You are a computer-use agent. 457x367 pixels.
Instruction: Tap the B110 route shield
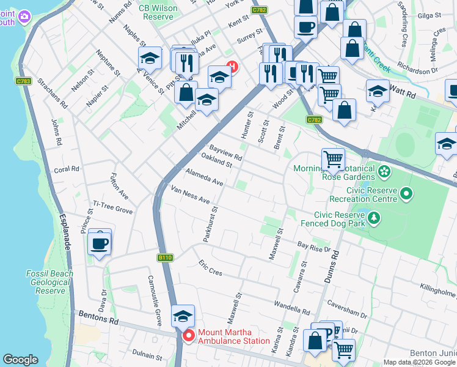click(x=165, y=258)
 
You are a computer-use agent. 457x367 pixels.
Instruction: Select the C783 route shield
click(x=24, y=81)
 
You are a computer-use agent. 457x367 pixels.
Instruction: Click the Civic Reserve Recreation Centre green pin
click(x=406, y=195)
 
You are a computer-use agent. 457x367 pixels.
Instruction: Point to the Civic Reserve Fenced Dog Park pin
click(x=373, y=217)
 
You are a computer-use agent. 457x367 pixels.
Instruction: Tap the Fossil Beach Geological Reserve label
click(x=50, y=282)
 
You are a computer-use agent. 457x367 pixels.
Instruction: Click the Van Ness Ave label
click(x=190, y=195)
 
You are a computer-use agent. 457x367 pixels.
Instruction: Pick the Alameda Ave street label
click(x=205, y=178)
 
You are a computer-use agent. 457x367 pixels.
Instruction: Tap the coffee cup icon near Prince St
click(x=100, y=243)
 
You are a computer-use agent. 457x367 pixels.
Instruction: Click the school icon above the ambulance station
click(x=183, y=316)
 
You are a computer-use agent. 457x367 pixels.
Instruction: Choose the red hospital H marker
click(x=232, y=67)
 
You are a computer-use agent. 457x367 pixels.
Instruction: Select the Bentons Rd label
click(x=98, y=317)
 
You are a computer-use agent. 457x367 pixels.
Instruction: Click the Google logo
click(x=20, y=360)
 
